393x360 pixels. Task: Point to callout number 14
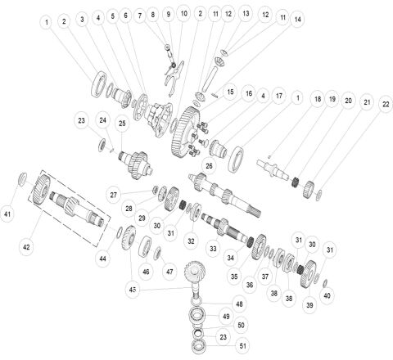296,18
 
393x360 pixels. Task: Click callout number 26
209,166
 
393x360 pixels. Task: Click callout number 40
327,295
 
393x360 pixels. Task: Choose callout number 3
82,18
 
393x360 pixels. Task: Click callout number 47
169,271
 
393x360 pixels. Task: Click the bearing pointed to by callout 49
200,316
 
